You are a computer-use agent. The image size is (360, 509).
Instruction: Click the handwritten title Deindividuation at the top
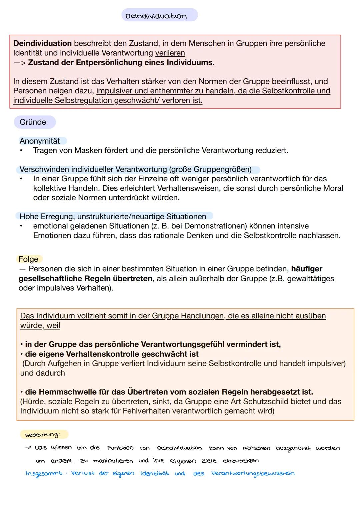pyautogui.click(x=156, y=16)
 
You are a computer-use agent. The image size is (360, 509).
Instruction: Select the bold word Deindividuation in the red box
pyautogui.click(x=42, y=43)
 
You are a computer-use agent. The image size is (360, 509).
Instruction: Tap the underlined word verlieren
pyautogui.click(x=170, y=53)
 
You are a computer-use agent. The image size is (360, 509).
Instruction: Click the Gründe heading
pyautogui.click(x=33, y=122)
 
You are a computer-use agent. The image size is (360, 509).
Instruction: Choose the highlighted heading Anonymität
pyautogui.click(x=40, y=141)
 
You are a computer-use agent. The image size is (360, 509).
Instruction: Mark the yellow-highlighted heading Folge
pyautogui.click(x=28, y=259)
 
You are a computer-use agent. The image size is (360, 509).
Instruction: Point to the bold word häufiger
pyautogui.click(x=306, y=269)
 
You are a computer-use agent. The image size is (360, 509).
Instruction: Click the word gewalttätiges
pyautogui.click(x=310, y=278)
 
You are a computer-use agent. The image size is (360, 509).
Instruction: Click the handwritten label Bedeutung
pyautogui.click(x=43, y=435)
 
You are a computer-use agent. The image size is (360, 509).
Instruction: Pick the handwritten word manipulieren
pyautogui.click(x=113, y=461)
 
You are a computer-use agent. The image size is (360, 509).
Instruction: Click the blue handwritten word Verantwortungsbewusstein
pyautogui.click(x=253, y=474)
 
